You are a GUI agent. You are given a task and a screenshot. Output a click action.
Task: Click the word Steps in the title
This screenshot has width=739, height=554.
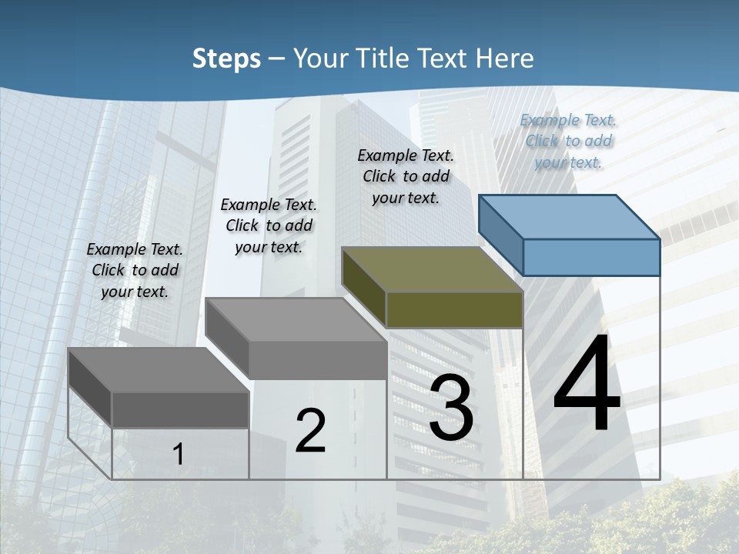tap(226, 58)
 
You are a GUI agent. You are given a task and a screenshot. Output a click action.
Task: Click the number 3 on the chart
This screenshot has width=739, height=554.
tap(451, 408)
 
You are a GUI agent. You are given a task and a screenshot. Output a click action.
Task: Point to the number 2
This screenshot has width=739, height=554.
tap(310, 430)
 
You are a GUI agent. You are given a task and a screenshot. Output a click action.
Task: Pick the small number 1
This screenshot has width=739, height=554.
tap(179, 454)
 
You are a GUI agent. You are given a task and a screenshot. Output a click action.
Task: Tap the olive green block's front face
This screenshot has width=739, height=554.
tap(454, 309)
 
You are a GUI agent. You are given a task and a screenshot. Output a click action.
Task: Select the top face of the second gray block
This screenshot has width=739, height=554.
tap(296, 319)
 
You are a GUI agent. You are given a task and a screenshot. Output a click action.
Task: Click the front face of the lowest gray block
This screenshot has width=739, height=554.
tap(180, 409)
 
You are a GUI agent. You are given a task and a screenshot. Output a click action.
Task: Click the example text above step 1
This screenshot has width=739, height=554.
tap(135, 270)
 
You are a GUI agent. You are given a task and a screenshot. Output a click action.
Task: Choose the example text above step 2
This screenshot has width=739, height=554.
tap(269, 225)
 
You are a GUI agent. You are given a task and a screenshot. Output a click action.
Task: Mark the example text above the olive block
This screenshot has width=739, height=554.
tap(406, 176)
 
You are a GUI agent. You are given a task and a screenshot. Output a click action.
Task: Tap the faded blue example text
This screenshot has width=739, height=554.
tap(568, 141)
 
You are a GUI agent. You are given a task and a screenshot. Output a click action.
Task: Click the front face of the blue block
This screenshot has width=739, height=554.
tap(591, 257)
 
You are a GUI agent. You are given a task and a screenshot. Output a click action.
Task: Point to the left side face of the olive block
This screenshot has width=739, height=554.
tap(363, 286)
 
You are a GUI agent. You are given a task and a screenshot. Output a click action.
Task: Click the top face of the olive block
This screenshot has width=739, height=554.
tap(432, 269)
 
